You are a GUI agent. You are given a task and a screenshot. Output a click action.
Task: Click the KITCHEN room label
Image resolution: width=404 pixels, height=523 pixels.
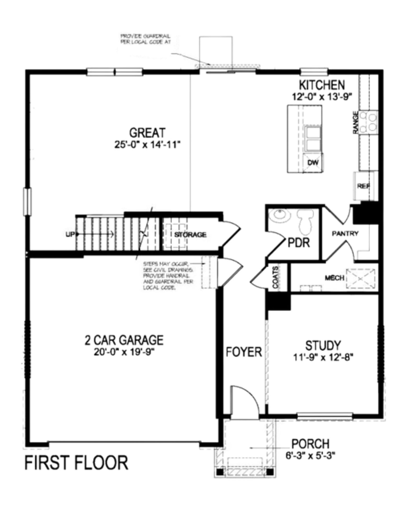[322, 85]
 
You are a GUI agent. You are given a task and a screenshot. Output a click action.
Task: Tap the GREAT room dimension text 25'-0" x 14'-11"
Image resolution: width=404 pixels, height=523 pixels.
[148, 145]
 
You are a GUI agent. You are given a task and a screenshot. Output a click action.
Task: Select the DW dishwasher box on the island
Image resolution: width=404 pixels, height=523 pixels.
[313, 163]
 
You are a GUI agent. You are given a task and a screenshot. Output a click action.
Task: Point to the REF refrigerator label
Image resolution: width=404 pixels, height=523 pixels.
[364, 186]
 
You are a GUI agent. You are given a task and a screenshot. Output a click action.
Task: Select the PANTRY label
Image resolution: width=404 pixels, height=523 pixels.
[345, 233]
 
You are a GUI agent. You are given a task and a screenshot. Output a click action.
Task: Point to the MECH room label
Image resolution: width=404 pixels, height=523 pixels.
[334, 278]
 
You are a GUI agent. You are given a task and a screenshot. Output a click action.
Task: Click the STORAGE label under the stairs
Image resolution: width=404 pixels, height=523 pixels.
[190, 235]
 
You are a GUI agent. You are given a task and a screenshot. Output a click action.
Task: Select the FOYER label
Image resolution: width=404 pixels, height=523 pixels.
[244, 352]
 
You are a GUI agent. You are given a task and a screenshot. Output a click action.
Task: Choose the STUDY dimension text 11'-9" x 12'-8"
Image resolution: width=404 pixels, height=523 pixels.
[323, 357]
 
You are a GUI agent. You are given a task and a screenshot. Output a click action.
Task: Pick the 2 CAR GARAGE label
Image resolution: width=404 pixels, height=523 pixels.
[124, 340]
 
